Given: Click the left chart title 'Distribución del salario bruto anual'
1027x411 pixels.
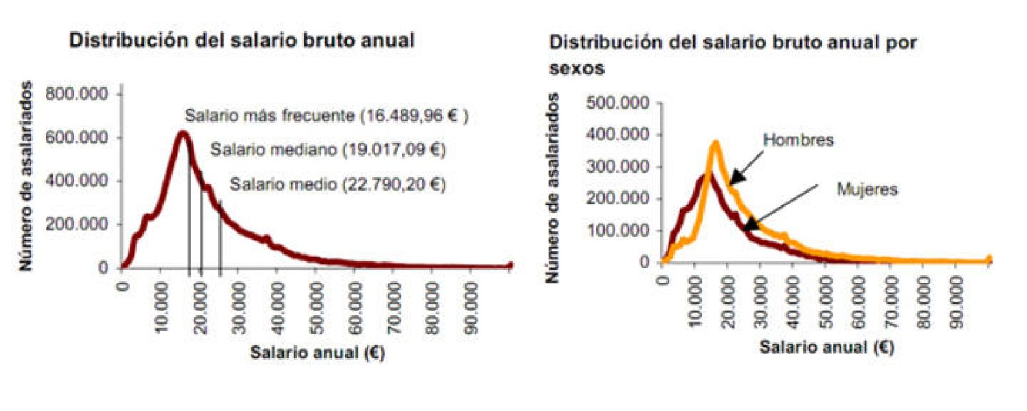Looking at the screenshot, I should click(x=241, y=40).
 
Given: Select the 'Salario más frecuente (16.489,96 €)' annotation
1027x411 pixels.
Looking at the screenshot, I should click(x=326, y=116).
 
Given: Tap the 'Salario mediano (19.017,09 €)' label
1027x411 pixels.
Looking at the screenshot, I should click(x=327, y=150).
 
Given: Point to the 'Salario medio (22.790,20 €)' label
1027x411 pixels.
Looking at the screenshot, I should click(x=337, y=184).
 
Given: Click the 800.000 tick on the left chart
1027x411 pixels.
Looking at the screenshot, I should click(x=76, y=94).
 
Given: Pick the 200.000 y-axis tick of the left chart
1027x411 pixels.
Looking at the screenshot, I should click(x=76, y=224).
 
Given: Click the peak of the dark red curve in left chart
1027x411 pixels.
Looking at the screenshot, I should click(x=182, y=134).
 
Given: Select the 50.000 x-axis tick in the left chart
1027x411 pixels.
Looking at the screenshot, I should click(x=315, y=308).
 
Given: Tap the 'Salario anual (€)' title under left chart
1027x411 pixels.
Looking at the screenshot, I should click(x=317, y=352).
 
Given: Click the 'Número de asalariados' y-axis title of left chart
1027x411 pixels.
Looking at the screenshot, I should click(x=26, y=175).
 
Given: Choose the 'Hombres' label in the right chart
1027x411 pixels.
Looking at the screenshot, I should click(x=798, y=140).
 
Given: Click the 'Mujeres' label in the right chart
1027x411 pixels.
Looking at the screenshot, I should click(x=867, y=189).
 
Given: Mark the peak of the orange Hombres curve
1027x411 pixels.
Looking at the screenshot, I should click(x=715, y=144).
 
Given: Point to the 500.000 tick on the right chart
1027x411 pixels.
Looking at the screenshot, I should click(x=617, y=103).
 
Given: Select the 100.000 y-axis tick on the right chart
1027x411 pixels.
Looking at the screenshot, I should click(x=617, y=230).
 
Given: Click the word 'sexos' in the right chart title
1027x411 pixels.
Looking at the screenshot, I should click(x=576, y=68).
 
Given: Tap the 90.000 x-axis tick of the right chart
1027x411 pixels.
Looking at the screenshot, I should click(x=956, y=302).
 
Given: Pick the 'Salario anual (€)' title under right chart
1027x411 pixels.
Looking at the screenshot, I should click(x=826, y=347).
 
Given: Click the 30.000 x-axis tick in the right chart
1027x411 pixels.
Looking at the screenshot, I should click(x=760, y=302).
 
